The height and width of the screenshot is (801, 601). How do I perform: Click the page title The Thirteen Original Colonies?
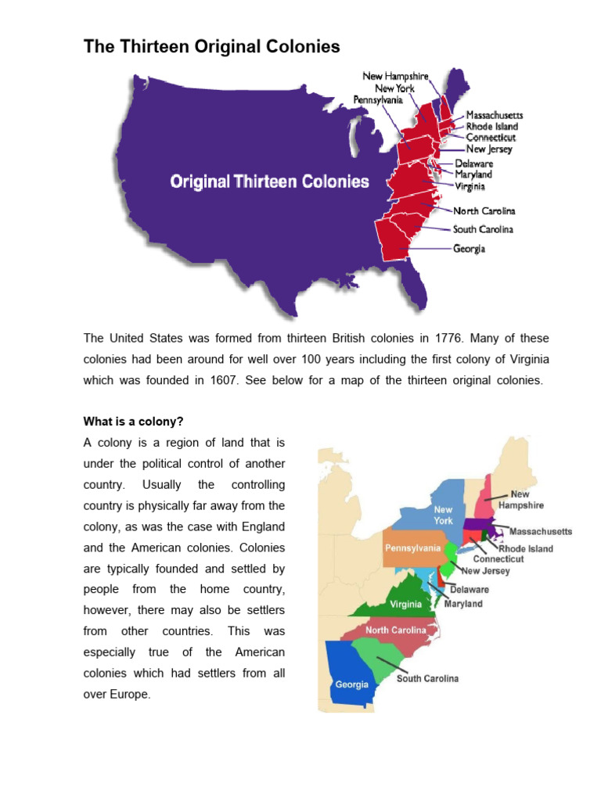(211, 47)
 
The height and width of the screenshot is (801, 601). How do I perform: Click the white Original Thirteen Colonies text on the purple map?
(270, 182)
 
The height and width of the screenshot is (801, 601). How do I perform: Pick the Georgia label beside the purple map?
(469, 249)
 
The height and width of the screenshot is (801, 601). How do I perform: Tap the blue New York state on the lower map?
(443, 515)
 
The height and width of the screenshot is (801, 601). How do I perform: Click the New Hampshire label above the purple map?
(395, 76)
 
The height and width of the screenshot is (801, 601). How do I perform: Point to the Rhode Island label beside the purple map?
(491, 127)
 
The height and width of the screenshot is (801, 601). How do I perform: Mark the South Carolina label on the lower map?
(427, 678)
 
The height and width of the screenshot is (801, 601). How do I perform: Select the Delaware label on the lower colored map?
(470, 589)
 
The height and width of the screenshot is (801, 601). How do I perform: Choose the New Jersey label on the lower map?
(485, 571)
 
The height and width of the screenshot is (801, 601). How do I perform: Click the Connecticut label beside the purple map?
(491, 138)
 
